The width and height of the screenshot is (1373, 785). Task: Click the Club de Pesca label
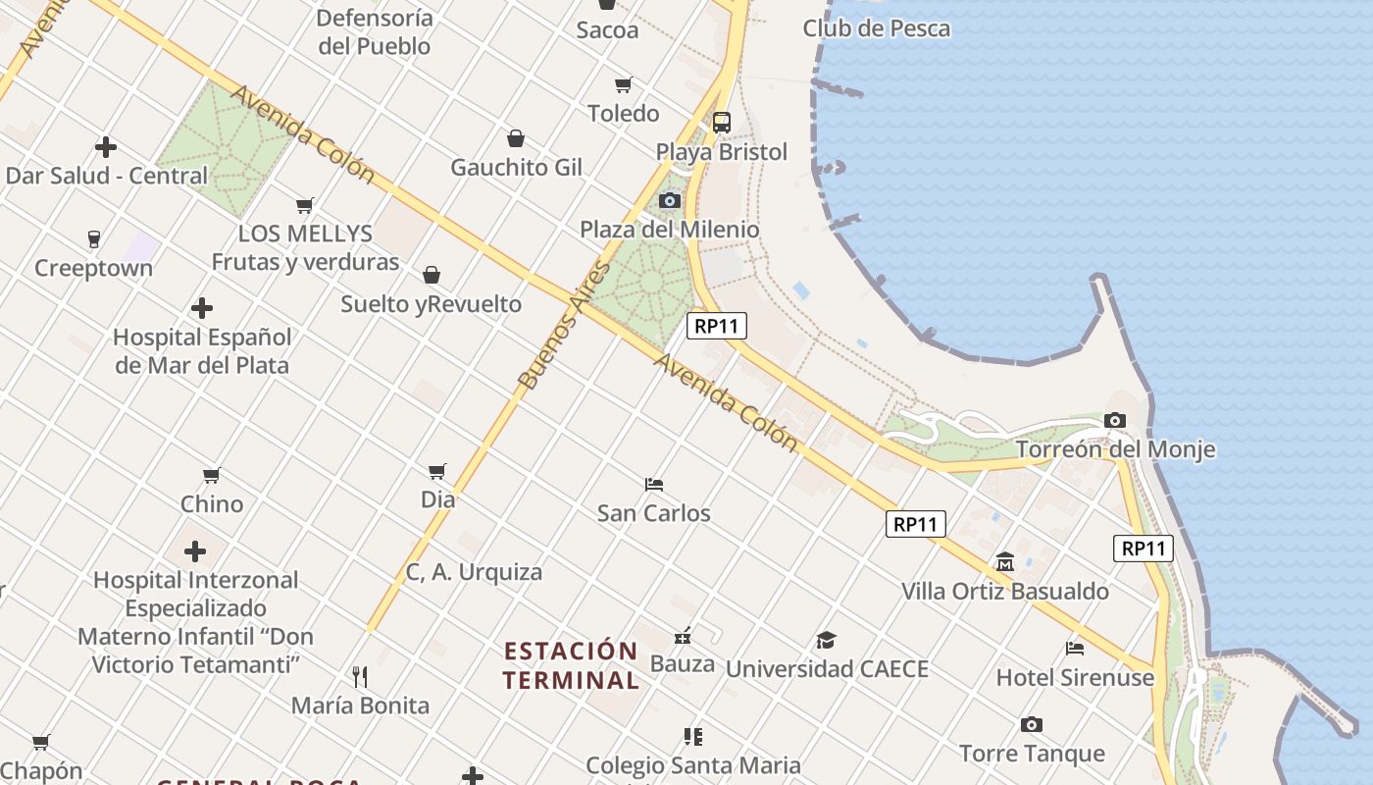[876, 28]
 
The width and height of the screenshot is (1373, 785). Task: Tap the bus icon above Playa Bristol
[722, 122]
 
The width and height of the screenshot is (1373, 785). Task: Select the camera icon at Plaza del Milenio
[670, 200]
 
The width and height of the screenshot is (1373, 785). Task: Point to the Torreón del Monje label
[1115, 449]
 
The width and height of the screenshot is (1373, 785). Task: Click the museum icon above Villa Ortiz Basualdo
[1005, 562]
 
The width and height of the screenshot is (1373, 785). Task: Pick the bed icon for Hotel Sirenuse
[1075, 648]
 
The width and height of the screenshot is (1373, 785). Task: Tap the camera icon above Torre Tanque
[1031, 724]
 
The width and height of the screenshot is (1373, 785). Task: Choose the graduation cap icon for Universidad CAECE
[826, 641]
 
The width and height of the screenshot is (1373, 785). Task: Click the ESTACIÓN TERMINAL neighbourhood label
[571, 665]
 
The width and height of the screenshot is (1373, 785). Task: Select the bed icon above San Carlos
[654, 484]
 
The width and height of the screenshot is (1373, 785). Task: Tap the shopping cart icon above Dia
[437, 471]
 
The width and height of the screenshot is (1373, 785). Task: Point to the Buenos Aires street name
[563, 326]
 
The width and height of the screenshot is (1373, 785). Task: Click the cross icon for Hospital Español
[202, 308]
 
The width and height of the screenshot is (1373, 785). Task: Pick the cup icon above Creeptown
[94, 238]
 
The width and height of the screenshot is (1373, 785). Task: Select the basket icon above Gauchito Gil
[516, 138]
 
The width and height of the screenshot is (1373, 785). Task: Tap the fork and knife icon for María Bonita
[360, 676]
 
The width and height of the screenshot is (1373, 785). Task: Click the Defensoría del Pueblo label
[375, 31]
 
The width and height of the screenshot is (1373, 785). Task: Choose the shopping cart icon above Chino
[211, 475]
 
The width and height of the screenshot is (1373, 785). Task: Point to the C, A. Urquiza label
[474, 571]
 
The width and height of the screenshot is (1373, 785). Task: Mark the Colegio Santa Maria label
[692, 764]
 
